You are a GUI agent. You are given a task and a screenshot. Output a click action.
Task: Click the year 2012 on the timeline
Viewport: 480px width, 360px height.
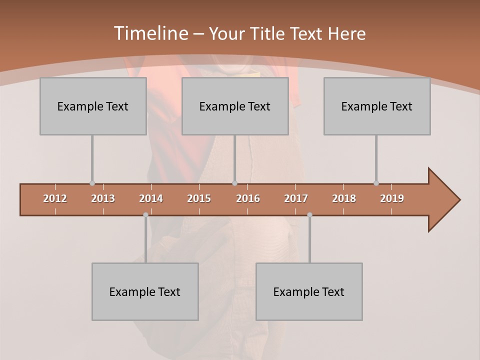[55, 198]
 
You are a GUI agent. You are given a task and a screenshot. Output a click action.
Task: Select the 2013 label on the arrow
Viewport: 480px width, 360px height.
[103, 198]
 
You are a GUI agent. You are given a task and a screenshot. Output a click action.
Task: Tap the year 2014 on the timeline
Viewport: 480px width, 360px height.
[151, 198]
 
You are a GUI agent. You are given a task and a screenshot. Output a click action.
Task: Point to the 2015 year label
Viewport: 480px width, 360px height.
[199, 198]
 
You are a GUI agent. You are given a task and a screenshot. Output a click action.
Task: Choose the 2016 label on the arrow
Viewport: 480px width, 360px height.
[248, 198]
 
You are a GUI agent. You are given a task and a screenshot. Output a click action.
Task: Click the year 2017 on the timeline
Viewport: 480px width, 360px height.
[296, 198]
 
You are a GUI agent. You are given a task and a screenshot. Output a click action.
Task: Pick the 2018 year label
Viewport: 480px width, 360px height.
[344, 198]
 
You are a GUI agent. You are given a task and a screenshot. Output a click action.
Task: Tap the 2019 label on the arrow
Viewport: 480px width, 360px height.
[392, 198]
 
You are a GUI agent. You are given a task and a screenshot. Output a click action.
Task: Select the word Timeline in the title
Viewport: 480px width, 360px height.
[150, 33]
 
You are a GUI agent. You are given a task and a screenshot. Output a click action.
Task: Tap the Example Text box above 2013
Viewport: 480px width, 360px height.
[93, 106]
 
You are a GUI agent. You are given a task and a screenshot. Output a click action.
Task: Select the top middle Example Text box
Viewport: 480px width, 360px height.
[235, 106]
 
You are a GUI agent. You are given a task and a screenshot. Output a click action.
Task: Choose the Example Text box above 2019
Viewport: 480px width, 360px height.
[377, 106]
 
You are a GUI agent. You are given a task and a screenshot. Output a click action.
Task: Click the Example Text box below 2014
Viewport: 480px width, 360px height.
[145, 291]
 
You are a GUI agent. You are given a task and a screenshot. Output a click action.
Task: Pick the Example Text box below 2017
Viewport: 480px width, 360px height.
[309, 291]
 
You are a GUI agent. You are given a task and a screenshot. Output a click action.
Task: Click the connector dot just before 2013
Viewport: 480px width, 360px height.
[92, 183]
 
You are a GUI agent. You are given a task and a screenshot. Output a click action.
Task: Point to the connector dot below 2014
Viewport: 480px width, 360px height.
[145, 215]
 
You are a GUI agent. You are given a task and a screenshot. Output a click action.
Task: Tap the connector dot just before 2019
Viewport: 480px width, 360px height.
[376, 183]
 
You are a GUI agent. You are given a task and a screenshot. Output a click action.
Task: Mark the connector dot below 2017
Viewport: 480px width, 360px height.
[309, 215]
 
